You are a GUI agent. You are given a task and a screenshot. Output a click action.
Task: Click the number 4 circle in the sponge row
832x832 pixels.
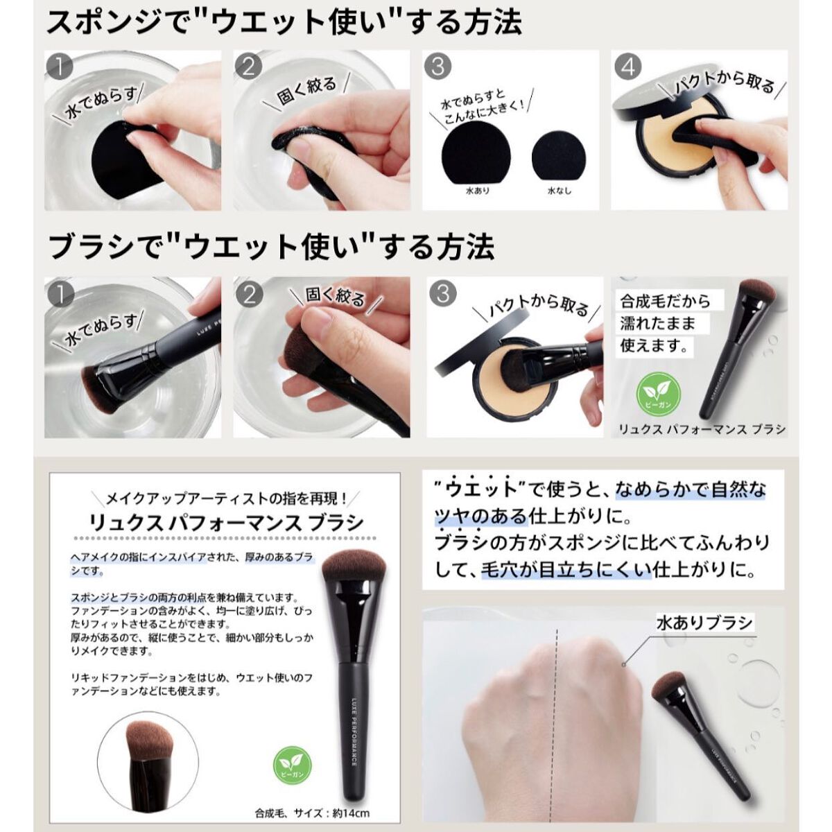pyautogui.click(x=628, y=67)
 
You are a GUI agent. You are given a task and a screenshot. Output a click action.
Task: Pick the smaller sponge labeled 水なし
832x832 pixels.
pyautogui.click(x=560, y=157)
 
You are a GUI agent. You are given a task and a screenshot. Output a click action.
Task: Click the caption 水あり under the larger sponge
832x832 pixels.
pyautogui.click(x=478, y=191)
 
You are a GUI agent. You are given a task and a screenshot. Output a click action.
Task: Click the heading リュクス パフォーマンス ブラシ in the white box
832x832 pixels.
pyautogui.click(x=226, y=523)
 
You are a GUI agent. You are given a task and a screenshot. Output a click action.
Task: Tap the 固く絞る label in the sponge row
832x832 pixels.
pyautogui.click(x=306, y=91)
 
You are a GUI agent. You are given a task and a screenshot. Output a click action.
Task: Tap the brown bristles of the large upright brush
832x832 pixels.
pyautogui.click(x=354, y=566)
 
